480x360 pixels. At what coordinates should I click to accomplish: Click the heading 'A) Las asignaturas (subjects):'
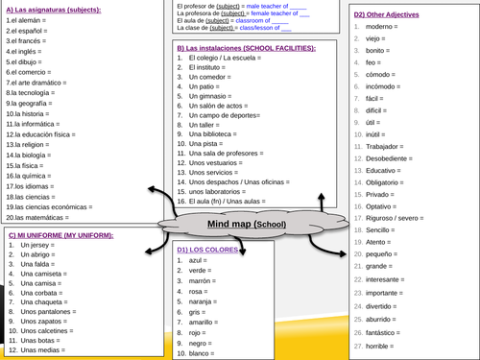58,12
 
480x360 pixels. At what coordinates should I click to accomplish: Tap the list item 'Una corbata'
44,289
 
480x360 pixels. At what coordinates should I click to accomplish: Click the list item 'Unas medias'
42,351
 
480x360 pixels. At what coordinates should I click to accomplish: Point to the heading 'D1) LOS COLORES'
208,250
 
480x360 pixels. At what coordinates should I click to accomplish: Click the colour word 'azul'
199,260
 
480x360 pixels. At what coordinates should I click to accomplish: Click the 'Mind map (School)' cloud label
247,225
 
